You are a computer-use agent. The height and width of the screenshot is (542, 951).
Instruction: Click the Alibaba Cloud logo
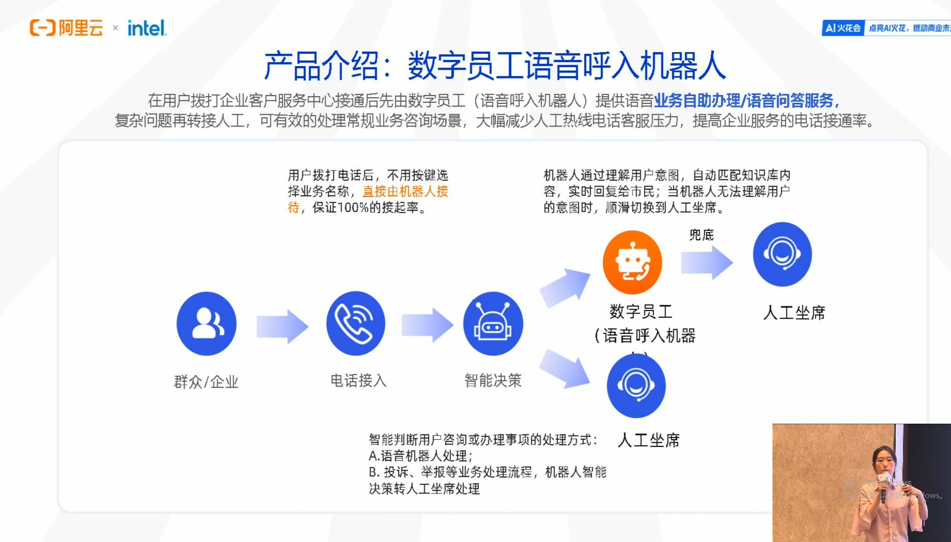click(x=66, y=28)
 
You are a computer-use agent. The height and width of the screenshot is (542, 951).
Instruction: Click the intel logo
click(x=147, y=28)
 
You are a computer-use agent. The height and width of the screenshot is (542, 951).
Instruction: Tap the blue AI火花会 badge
click(x=843, y=28)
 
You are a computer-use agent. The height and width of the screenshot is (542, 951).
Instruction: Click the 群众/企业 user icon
click(x=207, y=323)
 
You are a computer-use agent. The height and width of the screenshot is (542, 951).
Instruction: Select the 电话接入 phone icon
click(x=356, y=323)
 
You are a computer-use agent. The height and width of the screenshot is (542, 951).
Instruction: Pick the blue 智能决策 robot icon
click(x=493, y=323)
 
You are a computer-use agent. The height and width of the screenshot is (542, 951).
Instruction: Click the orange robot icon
click(x=632, y=262)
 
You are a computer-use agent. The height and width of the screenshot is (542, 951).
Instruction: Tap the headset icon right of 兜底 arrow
click(x=782, y=254)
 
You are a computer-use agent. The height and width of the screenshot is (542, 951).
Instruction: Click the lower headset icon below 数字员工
click(x=636, y=385)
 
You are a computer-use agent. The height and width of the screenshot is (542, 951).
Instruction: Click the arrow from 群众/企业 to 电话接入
click(x=282, y=327)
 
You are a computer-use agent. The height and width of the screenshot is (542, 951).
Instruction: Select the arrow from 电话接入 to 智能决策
click(x=427, y=326)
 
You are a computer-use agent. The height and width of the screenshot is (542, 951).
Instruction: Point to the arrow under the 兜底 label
click(x=707, y=262)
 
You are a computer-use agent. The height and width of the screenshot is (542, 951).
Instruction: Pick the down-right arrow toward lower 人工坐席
click(x=565, y=368)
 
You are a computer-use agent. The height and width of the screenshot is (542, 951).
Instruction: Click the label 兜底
click(x=701, y=235)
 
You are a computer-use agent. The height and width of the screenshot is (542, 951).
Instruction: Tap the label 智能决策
click(x=493, y=381)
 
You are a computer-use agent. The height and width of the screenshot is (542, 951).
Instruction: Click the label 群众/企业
click(x=206, y=382)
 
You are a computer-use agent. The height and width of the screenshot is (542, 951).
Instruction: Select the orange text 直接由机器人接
click(x=405, y=192)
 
